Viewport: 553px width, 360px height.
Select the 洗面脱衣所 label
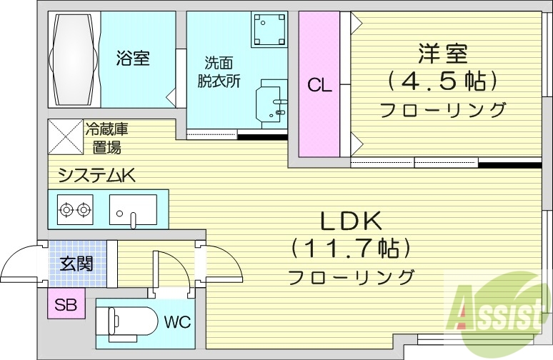(x=219, y=71)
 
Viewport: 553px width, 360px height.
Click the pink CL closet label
(x=319, y=86)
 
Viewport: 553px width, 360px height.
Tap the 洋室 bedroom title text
(x=443, y=54)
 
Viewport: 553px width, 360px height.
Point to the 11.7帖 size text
(x=350, y=249)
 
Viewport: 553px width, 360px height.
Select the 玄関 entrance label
(x=76, y=264)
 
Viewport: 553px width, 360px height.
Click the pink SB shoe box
(x=66, y=306)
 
